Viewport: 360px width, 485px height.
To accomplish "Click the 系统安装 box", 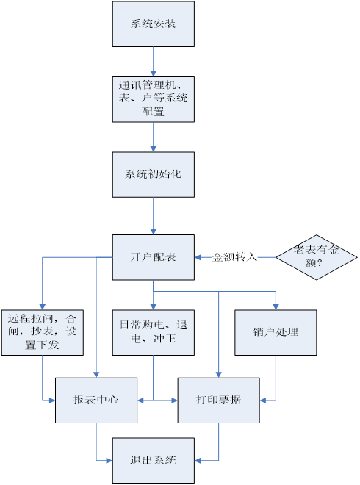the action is coord(154,24).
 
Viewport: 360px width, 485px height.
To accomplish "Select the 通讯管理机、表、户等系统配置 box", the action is coord(154,99).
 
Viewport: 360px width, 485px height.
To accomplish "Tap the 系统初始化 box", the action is coord(154,174).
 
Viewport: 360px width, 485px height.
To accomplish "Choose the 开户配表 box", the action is coord(154,257).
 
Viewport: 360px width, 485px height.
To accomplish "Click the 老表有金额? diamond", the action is coord(317,257).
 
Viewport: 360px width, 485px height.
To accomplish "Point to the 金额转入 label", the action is coord(235,257).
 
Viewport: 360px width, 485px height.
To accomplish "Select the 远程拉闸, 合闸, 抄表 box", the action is coord(43,332).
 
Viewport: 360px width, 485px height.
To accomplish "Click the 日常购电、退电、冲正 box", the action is coord(154,332).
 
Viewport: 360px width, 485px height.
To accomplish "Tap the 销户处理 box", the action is coord(276,332).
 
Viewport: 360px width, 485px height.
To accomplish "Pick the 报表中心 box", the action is coord(96,400).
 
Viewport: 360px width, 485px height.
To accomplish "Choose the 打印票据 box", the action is coord(219,400).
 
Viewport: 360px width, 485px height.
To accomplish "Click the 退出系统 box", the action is coord(154,461).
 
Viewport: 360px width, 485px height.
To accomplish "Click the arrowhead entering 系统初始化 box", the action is coord(154,148).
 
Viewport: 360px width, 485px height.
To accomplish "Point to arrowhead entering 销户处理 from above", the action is coord(276,307).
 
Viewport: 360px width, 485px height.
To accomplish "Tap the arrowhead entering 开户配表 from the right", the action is coord(198,257).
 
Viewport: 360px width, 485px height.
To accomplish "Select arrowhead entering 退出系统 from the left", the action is coord(109,461).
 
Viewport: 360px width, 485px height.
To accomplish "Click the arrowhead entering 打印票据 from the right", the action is coord(263,400).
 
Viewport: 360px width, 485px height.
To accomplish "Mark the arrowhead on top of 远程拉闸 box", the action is coord(43,307).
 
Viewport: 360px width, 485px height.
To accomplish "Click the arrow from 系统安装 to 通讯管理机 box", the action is coord(154,62).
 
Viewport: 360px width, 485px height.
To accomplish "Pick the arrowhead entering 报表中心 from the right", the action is coord(141,400).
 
